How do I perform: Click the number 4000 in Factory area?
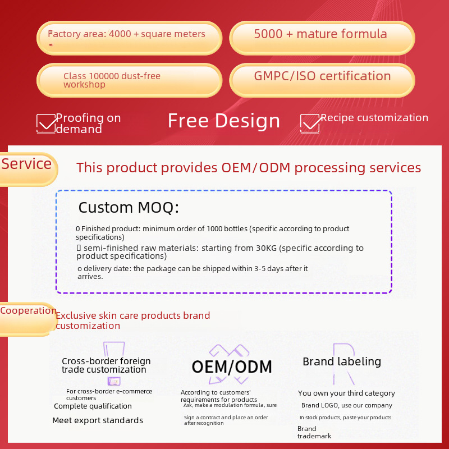(x=120, y=34)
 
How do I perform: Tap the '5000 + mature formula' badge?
(x=322, y=38)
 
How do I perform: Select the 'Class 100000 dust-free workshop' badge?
(x=130, y=80)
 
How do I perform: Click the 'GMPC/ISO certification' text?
(x=322, y=76)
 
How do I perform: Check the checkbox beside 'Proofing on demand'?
(x=46, y=123)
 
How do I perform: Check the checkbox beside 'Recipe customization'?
(x=310, y=123)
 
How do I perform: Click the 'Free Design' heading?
(x=223, y=121)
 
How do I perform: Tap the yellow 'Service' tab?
(x=28, y=169)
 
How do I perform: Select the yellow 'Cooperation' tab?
(x=28, y=319)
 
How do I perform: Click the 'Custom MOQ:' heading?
(x=129, y=207)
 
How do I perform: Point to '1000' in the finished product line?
(x=214, y=229)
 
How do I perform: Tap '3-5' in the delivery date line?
(x=260, y=269)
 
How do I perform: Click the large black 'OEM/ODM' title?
(x=232, y=367)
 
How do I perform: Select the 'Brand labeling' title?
(x=342, y=361)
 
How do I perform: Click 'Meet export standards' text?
(x=98, y=420)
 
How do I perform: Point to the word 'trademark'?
(x=314, y=436)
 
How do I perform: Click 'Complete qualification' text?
(x=93, y=406)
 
